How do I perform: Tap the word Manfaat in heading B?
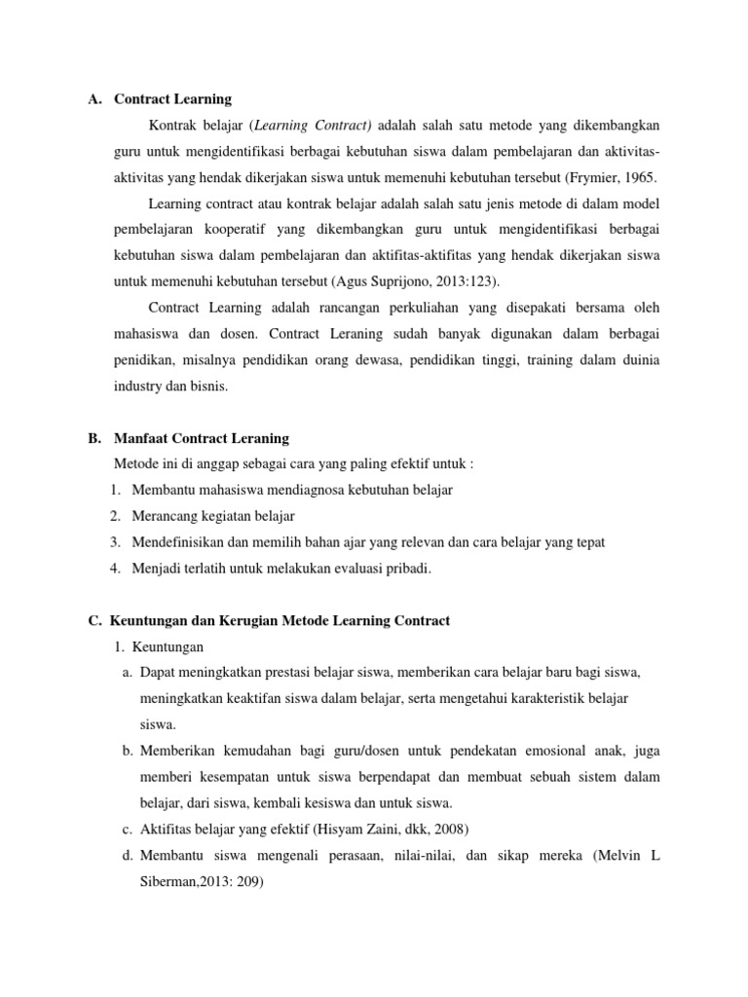(x=142, y=438)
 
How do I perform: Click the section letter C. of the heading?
(x=94, y=620)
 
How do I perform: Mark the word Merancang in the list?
(x=166, y=516)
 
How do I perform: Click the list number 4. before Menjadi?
(x=115, y=569)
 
